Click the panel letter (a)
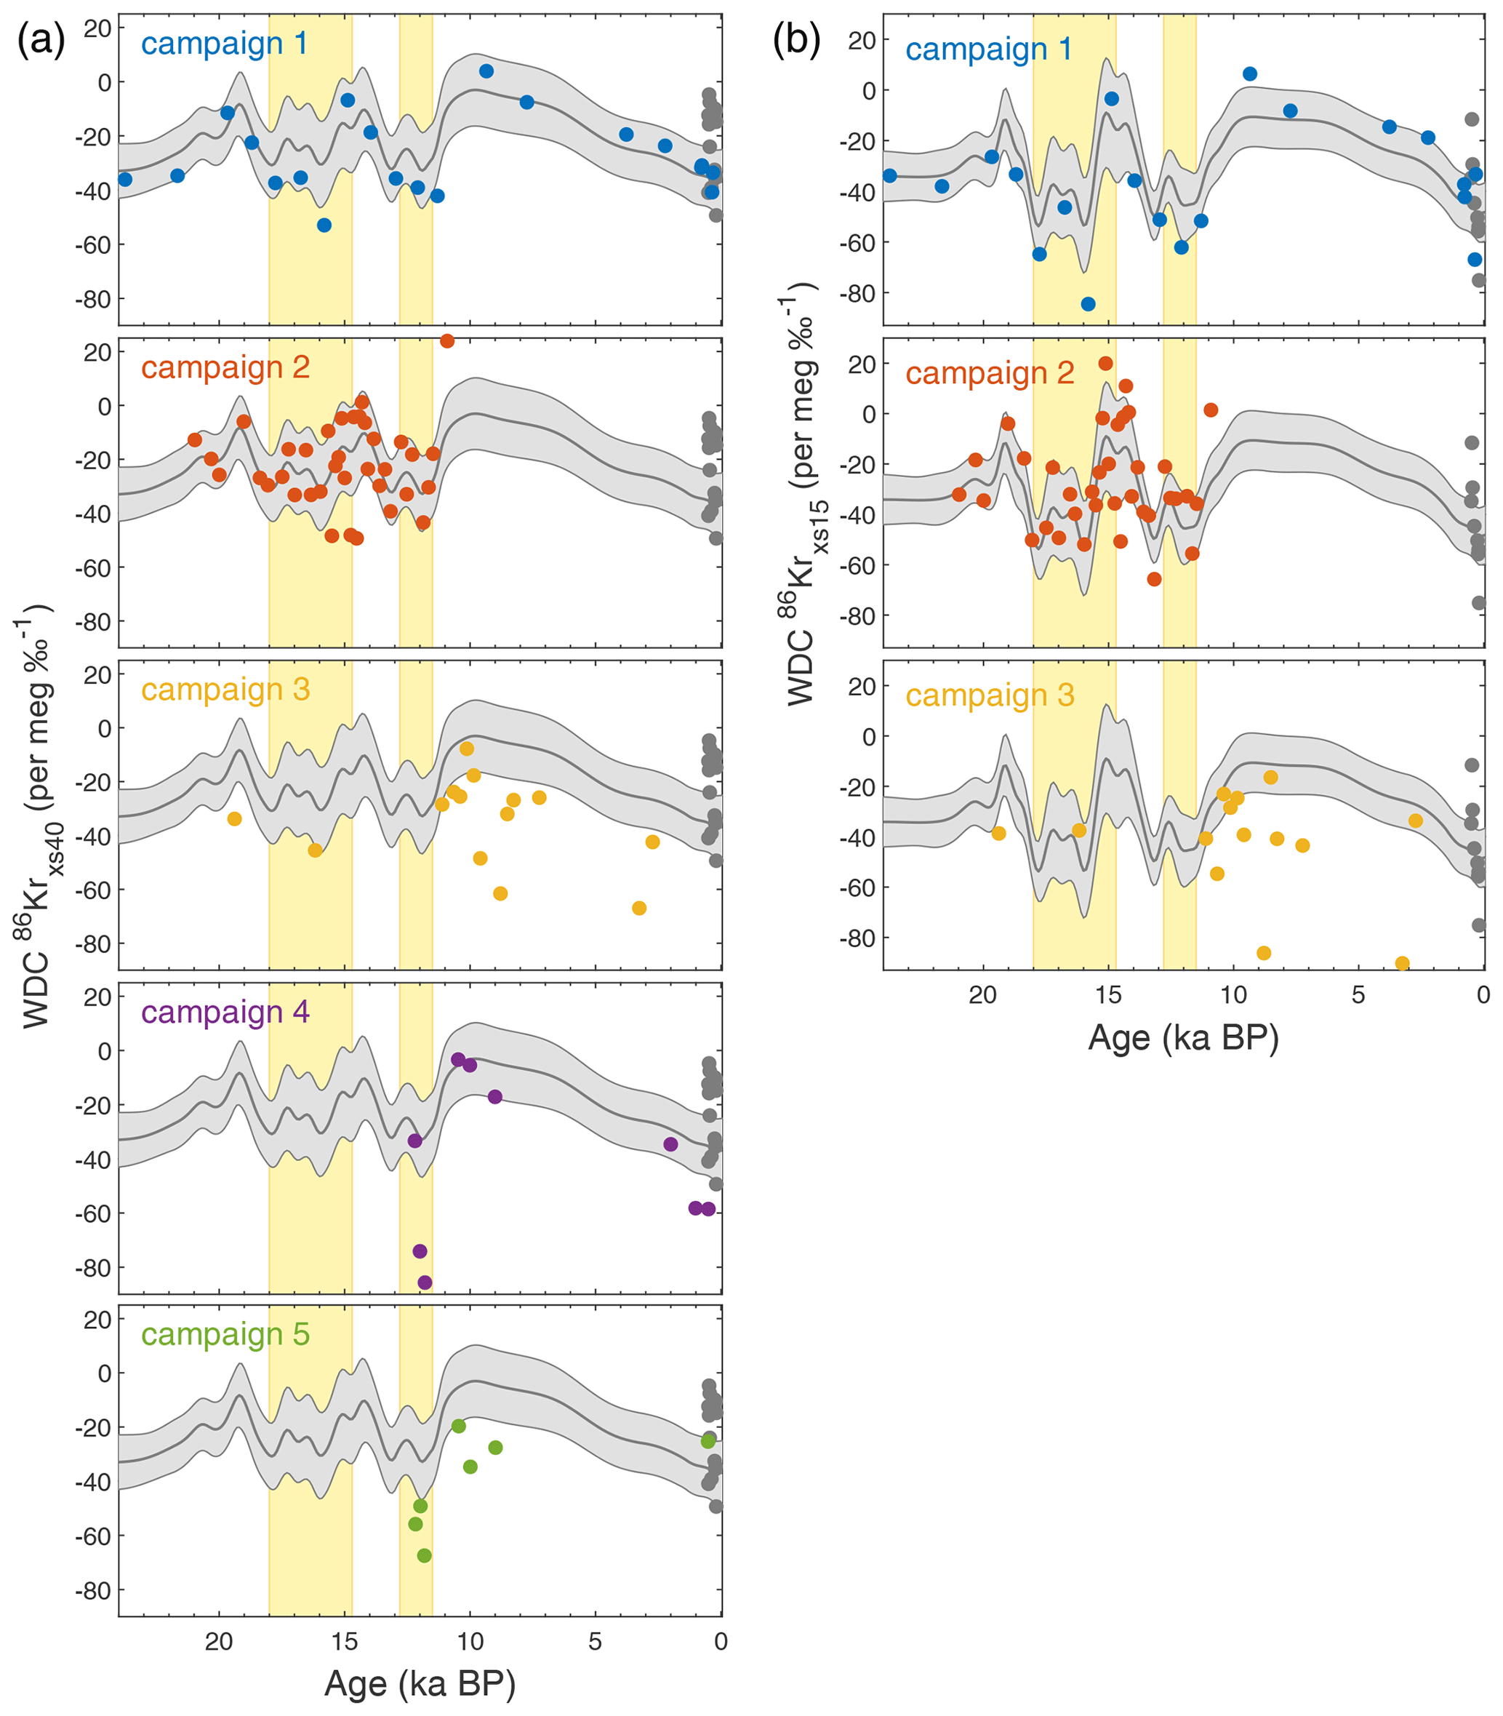(x=41, y=40)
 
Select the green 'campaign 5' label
(x=225, y=1333)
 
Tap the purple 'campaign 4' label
(x=225, y=1011)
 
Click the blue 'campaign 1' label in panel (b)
(x=989, y=49)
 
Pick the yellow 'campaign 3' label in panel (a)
(x=225, y=689)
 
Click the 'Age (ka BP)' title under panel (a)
(x=420, y=1683)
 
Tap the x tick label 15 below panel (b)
(x=1108, y=996)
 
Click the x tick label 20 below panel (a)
(x=219, y=1641)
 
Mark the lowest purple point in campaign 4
(x=425, y=1282)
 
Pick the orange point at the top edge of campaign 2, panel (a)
(x=447, y=340)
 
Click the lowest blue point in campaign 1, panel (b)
(x=1088, y=304)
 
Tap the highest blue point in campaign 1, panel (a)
(x=486, y=71)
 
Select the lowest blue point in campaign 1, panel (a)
(x=324, y=225)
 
